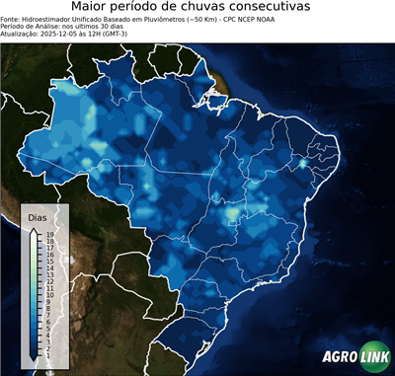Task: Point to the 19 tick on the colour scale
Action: click(x=49, y=234)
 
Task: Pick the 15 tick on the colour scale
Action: click(x=49, y=260)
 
